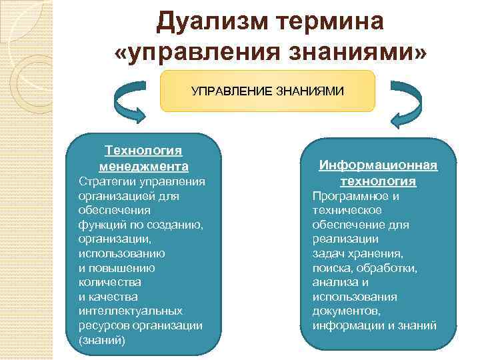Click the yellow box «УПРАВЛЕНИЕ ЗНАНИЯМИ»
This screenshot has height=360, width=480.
tap(268, 90)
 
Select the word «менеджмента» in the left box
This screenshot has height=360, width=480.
tap(143, 166)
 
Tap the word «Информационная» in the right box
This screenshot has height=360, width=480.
tap(378, 165)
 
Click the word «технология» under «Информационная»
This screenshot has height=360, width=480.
tap(378, 181)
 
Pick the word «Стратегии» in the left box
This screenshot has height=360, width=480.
tap(103, 181)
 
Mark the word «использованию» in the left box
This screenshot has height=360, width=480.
tap(122, 254)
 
